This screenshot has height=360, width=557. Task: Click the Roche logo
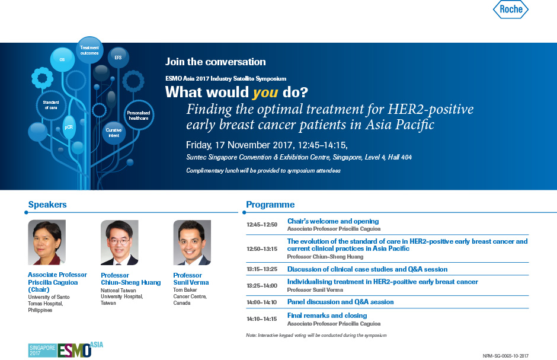click(x=511, y=9)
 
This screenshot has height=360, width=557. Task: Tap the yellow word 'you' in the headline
click(x=265, y=93)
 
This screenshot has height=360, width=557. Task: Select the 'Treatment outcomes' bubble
click(x=89, y=50)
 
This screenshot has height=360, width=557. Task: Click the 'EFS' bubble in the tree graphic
click(x=118, y=58)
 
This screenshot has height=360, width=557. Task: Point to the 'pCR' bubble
click(x=69, y=127)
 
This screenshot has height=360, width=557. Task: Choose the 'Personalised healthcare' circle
click(x=139, y=115)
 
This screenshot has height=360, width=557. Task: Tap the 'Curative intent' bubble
click(x=114, y=133)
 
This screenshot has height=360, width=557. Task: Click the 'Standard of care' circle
click(x=51, y=105)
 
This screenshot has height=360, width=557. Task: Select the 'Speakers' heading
click(x=47, y=205)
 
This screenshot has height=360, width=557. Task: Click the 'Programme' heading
click(x=270, y=205)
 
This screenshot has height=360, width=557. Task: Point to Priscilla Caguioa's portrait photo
click(x=47, y=242)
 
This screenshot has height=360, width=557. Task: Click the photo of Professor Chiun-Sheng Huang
click(x=119, y=243)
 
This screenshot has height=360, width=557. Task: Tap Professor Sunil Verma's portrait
click(x=192, y=243)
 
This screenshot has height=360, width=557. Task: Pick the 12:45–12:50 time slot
click(x=262, y=225)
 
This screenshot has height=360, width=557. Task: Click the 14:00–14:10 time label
click(x=262, y=302)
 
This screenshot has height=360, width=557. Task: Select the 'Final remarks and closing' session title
click(x=327, y=315)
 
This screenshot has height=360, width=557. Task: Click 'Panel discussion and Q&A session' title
click(x=340, y=302)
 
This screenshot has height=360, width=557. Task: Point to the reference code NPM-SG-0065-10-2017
click(x=505, y=356)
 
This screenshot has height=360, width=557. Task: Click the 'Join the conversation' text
click(x=215, y=62)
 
